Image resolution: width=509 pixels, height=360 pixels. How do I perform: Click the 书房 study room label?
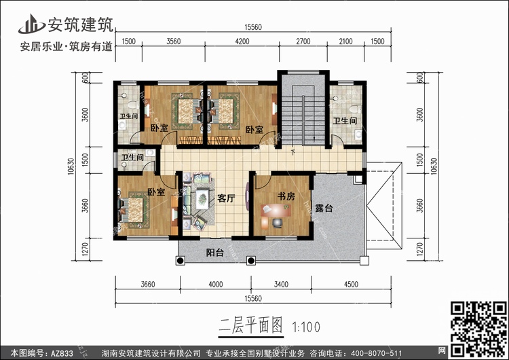tap(286, 196)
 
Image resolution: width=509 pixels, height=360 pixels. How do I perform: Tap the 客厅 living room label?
tap(226, 198)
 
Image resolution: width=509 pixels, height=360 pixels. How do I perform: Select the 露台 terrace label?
tap(324, 209)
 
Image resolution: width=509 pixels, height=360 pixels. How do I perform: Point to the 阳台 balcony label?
tap(215, 253)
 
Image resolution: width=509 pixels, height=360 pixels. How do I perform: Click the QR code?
tap(479, 329)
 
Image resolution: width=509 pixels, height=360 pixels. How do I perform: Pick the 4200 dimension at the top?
tap(242, 41)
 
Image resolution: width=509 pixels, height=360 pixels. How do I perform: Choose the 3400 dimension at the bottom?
tap(281, 285)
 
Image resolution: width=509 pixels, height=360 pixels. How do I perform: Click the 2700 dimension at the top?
tap(303, 41)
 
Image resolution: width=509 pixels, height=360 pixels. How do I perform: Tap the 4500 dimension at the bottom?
tap(351, 285)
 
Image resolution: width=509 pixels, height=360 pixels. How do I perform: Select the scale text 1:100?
tap(306, 327)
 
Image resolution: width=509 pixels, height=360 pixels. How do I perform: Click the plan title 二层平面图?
tap(250, 325)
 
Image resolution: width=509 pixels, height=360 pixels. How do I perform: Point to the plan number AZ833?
tap(62, 353)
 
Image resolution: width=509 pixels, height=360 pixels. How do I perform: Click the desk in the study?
tap(276, 211)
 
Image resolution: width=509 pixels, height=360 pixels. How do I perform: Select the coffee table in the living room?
tap(203, 198)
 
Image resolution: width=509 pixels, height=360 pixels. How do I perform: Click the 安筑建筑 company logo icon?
tap(31, 24)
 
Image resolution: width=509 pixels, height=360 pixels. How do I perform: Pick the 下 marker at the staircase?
tap(293, 152)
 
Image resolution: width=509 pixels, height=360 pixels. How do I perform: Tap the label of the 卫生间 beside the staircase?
tap(345, 121)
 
